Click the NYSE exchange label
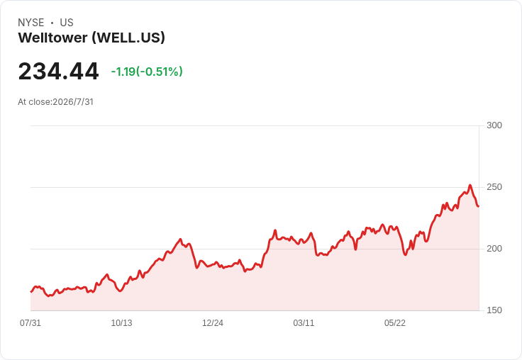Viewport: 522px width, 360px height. tap(31, 23)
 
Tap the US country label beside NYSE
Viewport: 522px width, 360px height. tap(67, 23)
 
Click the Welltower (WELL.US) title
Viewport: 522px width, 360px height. tap(91, 38)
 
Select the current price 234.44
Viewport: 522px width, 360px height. tap(58, 71)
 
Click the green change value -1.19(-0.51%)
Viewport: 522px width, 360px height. tap(147, 72)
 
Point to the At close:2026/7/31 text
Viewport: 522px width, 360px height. tap(55, 102)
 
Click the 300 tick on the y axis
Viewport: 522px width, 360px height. tap(494, 125)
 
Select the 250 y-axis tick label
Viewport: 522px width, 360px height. tap(494, 187)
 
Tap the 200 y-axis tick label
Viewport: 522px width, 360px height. tap(494, 249)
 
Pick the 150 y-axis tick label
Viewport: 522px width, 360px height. tap(494, 310)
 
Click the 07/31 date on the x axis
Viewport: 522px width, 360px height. tap(30, 323)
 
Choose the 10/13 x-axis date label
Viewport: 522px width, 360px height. tap(121, 323)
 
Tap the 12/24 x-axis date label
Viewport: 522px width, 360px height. tap(213, 323)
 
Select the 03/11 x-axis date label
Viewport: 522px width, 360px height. tap(304, 323)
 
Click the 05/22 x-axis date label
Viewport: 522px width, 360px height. tap(395, 323)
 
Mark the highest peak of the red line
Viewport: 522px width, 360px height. tap(470, 185)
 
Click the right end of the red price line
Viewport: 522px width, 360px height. tap(479, 206)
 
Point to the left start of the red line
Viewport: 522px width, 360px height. tap(31, 292)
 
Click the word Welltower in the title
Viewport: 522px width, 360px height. tap(52, 38)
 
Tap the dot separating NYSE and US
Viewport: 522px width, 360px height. tap(52, 23)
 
